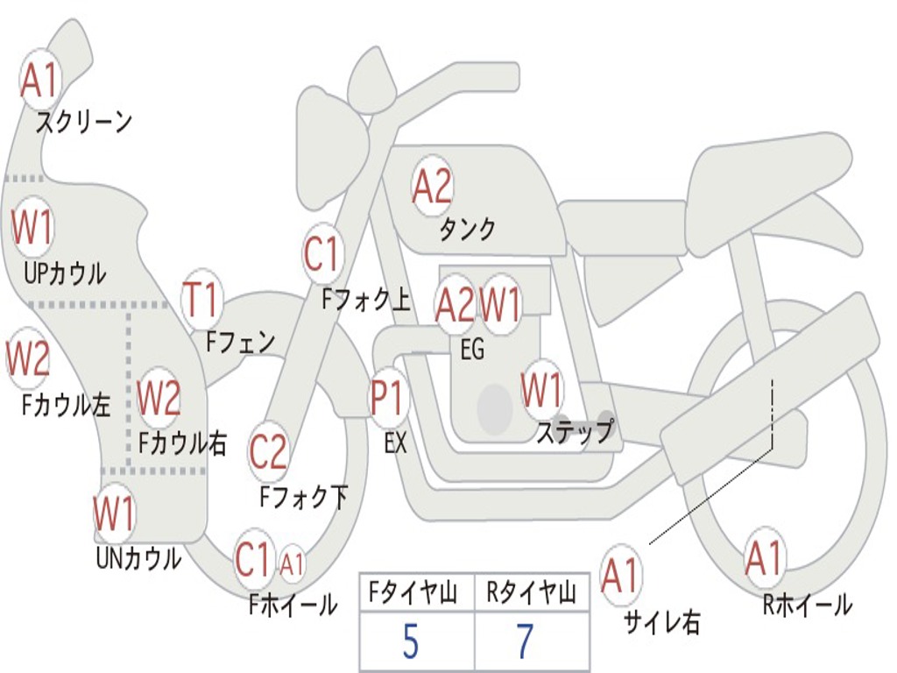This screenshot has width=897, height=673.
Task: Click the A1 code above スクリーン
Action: click(x=39, y=81)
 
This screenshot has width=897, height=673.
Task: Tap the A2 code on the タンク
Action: click(x=432, y=186)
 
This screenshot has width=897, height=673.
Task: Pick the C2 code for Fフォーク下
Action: click(x=268, y=452)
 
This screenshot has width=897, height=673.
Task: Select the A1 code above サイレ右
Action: click(x=621, y=576)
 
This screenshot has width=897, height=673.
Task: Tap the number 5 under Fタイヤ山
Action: click(x=411, y=642)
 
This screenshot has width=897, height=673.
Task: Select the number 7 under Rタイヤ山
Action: click(x=524, y=642)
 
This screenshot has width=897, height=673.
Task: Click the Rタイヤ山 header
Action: click(x=531, y=595)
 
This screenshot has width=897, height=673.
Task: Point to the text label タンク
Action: click(x=467, y=230)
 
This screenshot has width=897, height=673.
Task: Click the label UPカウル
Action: click(x=65, y=273)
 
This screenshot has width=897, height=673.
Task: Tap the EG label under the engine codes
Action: click(x=472, y=351)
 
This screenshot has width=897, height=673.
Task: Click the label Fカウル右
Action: click(x=182, y=443)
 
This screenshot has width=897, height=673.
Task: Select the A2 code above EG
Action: click(x=455, y=304)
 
